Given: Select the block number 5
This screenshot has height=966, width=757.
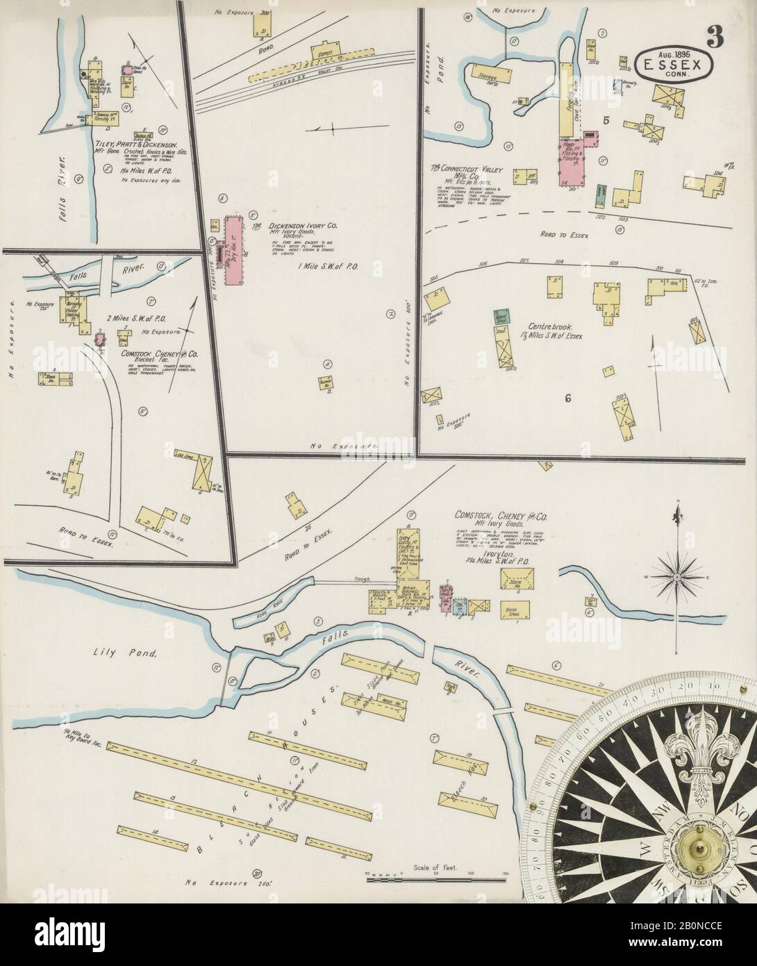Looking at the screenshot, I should (606, 120).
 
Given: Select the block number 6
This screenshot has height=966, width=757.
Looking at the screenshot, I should (567, 398).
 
